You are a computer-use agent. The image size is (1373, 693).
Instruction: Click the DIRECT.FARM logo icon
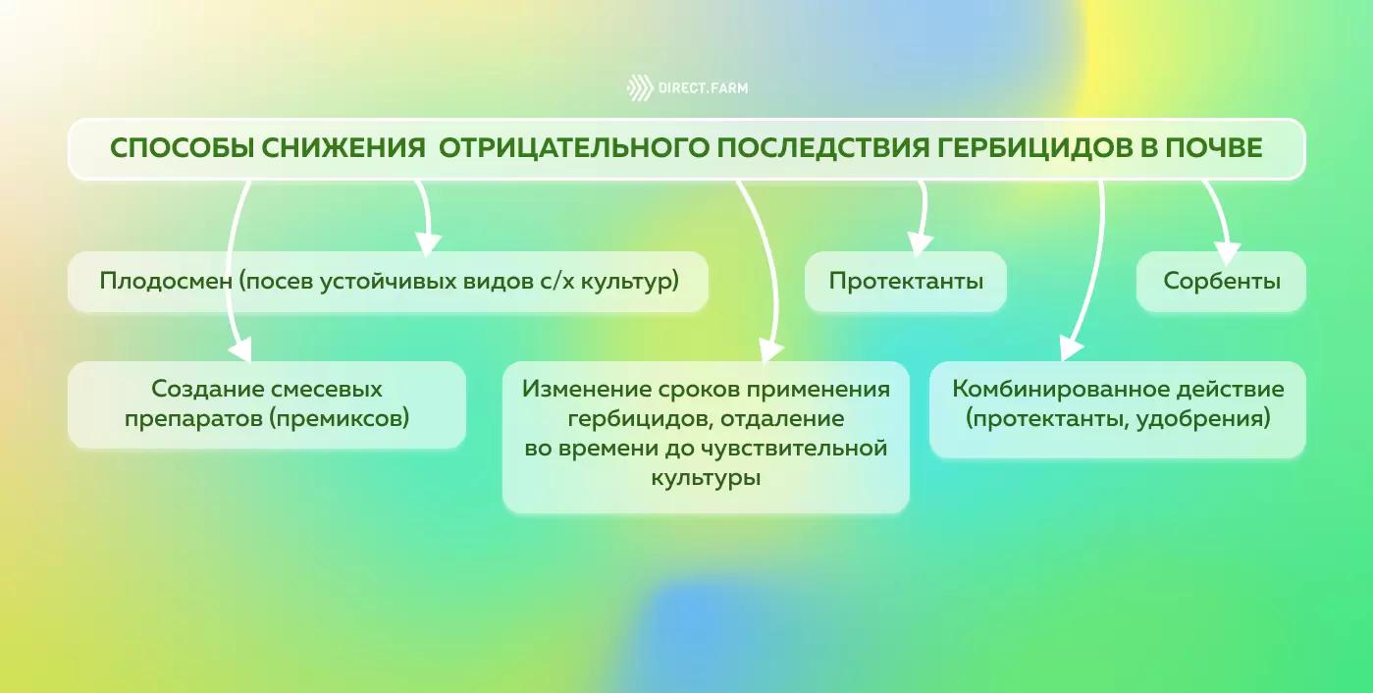[639, 88]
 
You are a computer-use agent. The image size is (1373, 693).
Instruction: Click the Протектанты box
[906, 282]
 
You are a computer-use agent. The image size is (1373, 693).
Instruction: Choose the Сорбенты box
[1221, 282]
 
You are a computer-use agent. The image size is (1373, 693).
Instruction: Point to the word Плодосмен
[165, 282]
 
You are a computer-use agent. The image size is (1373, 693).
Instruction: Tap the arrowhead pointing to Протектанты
[919, 240]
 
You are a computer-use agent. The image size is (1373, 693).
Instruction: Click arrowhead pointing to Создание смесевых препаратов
[238, 349]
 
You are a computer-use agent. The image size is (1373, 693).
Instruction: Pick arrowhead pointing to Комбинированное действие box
[1069, 348]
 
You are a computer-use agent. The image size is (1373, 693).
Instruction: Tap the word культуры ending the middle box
[706, 479]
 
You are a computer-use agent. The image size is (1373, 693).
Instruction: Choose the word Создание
[207, 390]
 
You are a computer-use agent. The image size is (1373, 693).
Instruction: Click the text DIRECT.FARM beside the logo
[704, 88]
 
